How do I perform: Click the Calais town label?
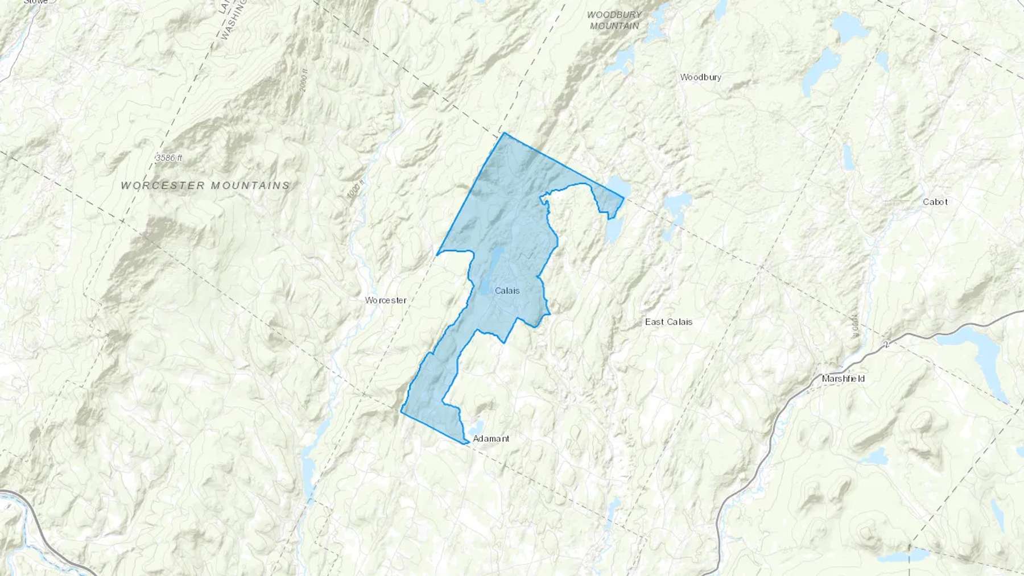pos(507,291)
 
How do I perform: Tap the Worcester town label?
pos(386,300)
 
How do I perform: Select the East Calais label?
pos(668,322)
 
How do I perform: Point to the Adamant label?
pos(491,438)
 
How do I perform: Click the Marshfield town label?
pos(843,379)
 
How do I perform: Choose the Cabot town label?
pos(935,202)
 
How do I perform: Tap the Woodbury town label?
pos(700,77)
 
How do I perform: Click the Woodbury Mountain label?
pos(614,20)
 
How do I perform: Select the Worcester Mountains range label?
pos(205,185)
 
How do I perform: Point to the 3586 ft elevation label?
pos(168,158)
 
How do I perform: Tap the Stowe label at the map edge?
pos(36,2)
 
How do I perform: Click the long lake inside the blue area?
pos(493,267)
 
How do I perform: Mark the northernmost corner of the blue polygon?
pos(503,133)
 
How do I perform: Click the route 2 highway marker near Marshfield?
pos(886,345)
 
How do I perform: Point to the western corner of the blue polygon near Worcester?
pos(437,254)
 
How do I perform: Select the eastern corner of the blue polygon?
pos(624,198)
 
